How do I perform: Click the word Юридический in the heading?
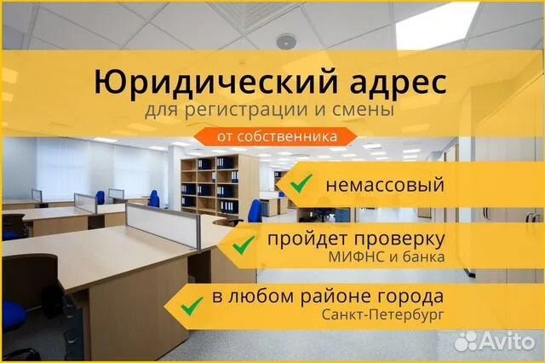tap(215, 82)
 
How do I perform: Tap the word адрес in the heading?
tap(398, 83)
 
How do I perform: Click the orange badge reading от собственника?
tap(275, 136)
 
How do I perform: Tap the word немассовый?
tap(385, 185)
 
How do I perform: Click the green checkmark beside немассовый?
tap(301, 183)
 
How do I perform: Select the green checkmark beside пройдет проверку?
tap(244, 245)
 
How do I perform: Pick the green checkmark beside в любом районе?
tap(192, 306)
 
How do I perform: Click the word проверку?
tap(399, 239)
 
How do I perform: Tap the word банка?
tap(423, 257)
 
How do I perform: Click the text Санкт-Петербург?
tap(383, 315)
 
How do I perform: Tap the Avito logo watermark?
tap(495, 341)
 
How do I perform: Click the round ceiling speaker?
tap(286, 42)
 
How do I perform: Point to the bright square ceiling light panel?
tap(437, 25)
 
